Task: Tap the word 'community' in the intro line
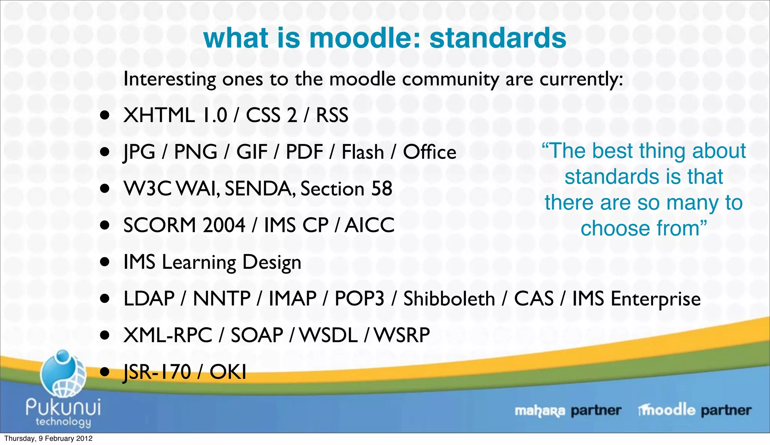(450, 79)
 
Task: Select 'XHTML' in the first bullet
(159, 115)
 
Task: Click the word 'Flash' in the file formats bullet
(362, 152)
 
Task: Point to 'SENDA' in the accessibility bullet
(260, 189)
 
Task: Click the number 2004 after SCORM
(223, 225)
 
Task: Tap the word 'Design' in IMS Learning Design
(271, 262)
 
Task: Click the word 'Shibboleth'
(449, 299)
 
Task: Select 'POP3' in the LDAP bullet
(359, 299)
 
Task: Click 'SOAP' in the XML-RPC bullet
(257, 335)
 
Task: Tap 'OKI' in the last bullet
(228, 372)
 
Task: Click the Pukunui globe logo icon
(63, 374)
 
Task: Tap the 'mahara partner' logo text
(567, 410)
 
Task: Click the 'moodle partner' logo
(694, 410)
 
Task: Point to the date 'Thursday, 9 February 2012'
(48, 439)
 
